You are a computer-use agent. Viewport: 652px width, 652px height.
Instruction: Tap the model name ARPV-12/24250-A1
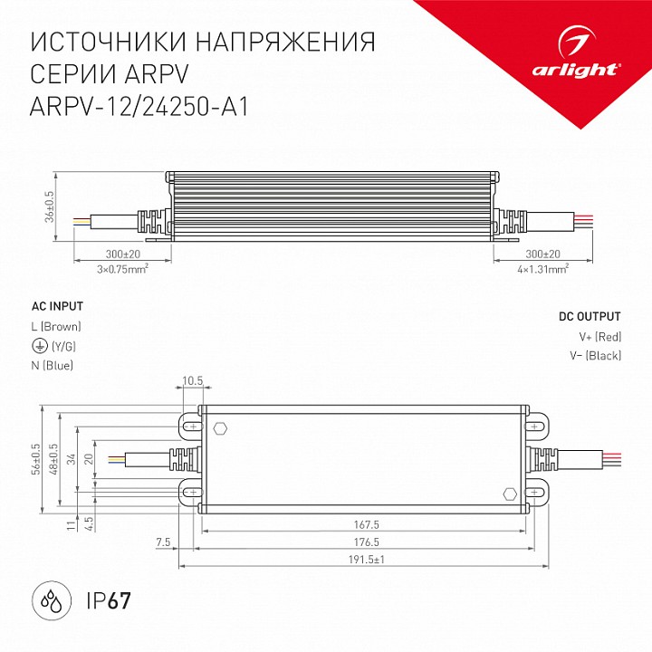click(x=140, y=106)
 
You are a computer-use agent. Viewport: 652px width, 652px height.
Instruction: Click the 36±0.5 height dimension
click(x=52, y=207)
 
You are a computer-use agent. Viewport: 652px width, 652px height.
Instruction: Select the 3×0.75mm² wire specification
click(x=122, y=269)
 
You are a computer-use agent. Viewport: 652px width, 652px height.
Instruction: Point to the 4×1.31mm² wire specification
click(x=543, y=269)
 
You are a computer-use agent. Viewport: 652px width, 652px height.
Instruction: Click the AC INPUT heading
click(x=57, y=306)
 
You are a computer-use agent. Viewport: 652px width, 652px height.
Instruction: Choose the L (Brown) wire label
click(x=56, y=326)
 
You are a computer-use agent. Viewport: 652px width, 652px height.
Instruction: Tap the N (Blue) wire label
click(x=52, y=365)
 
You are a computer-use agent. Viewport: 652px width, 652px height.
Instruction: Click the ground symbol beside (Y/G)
click(x=38, y=346)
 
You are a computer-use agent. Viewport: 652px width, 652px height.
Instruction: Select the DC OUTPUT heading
click(x=590, y=317)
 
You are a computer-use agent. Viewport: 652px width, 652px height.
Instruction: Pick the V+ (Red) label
click(x=599, y=337)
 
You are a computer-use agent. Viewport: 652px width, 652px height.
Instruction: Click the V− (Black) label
click(x=595, y=356)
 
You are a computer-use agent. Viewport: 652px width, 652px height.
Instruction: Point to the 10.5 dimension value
click(x=192, y=380)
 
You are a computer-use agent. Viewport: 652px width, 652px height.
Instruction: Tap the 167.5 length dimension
click(x=362, y=524)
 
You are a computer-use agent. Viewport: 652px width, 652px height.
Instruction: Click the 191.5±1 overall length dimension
click(x=363, y=560)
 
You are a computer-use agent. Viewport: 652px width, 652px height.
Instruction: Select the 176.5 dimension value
click(x=362, y=542)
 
